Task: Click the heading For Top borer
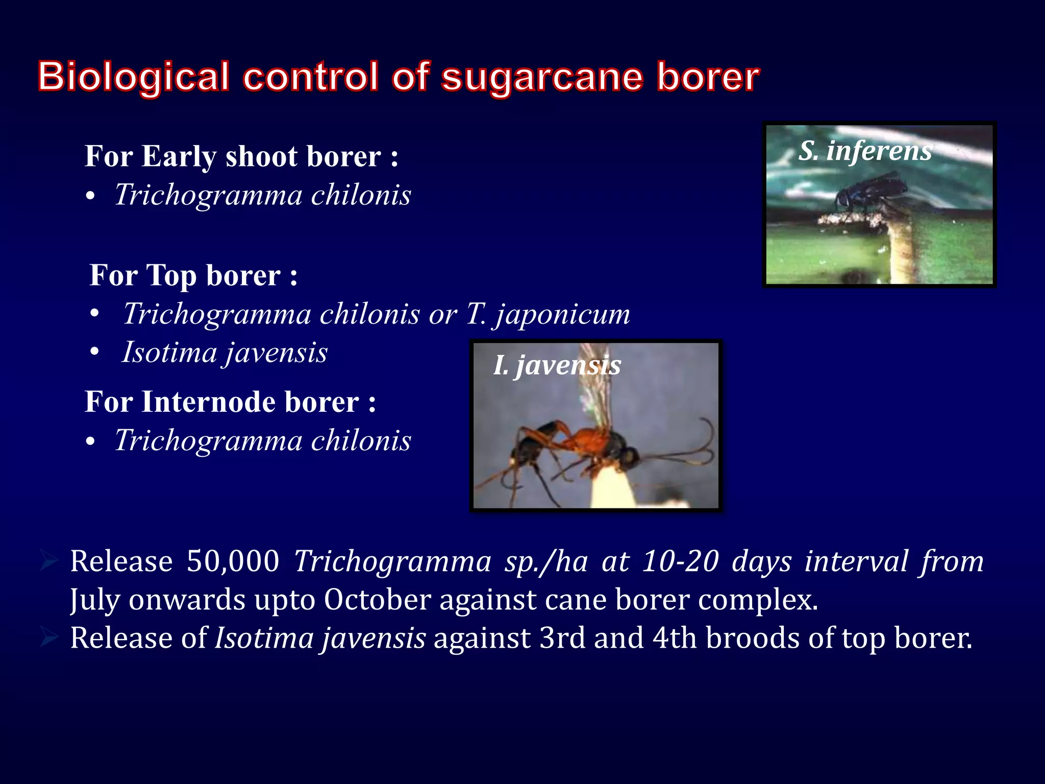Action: click(193, 276)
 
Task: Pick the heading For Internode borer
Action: click(230, 402)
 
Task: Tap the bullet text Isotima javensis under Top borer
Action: click(225, 353)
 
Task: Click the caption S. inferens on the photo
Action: click(865, 151)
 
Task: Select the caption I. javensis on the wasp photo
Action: click(557, 365)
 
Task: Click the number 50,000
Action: click(233, 561)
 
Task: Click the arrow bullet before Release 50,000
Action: click(49, 561)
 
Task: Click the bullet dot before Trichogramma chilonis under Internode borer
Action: click(91, 443)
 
